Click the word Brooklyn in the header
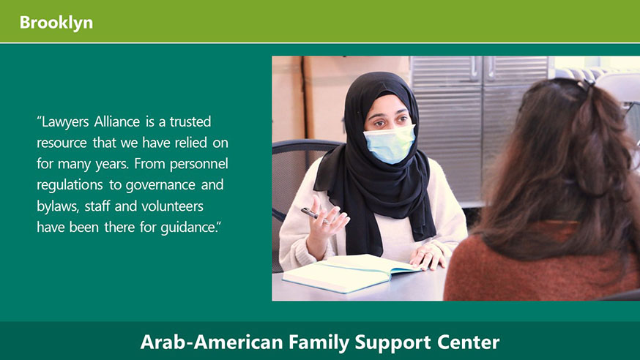[56, 23]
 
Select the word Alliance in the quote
[116, 121]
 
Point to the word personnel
[198, 165]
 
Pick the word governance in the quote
[160, 185]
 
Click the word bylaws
[58, 206]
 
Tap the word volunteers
[172, 206]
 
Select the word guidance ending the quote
[189, 228]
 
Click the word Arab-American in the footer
[212, 342]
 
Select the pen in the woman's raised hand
[312, 214]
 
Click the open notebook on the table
[351, 272]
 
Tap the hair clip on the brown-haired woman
[584, 84]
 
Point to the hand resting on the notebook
[428, 255]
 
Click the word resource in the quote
[62, 143]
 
